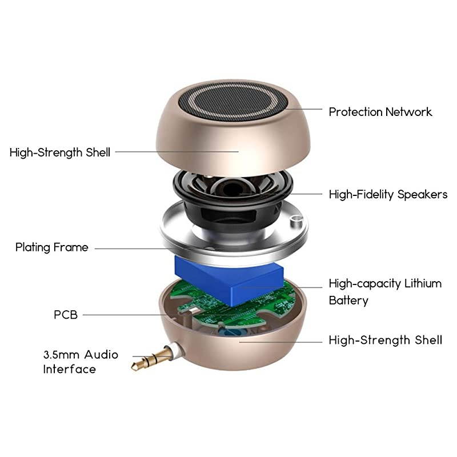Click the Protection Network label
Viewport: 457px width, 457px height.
tap(380, 112)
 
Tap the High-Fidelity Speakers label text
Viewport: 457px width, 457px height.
tap(388, 195)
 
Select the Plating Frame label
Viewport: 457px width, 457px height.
tap(52, 247)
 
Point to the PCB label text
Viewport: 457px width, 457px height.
tap(66, 315)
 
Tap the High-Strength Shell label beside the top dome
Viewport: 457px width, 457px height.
tap(60, 153)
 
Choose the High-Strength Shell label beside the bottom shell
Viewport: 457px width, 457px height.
tap(385, 340)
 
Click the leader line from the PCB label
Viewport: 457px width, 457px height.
tap(120, 315)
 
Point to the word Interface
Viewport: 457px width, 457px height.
tap(69, 370)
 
